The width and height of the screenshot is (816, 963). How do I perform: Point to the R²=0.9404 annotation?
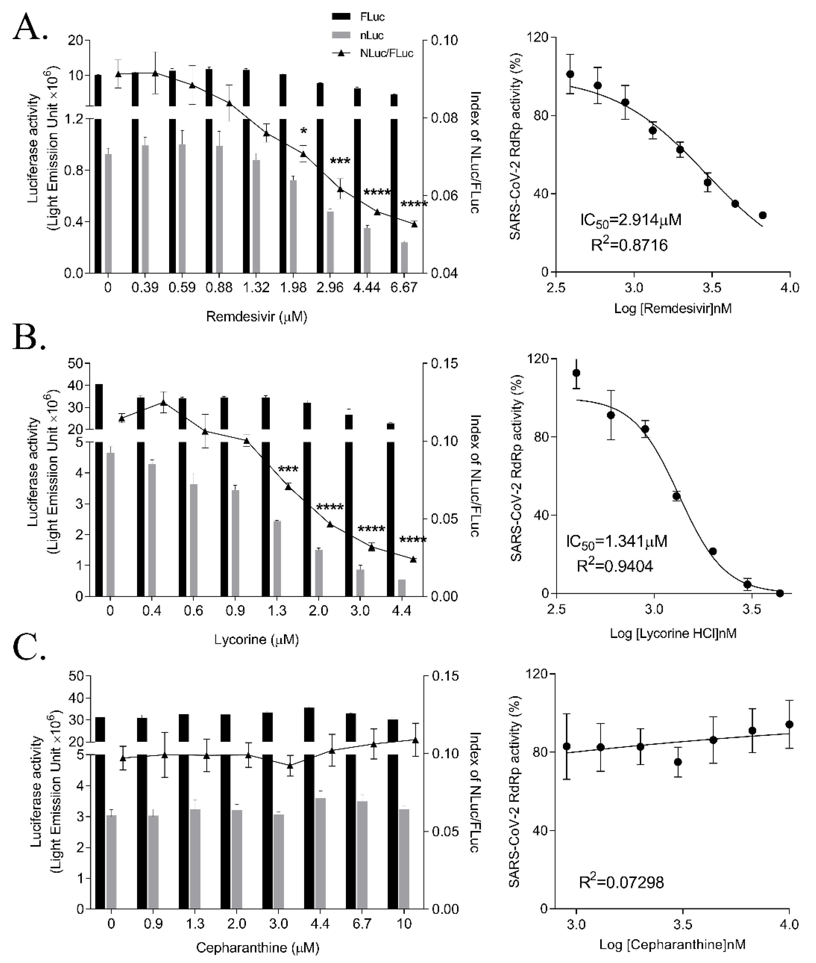pyautogui.click(x=615, y=565)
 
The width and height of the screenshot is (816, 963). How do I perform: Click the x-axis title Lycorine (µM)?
pyautogui.click(x=256, y=640)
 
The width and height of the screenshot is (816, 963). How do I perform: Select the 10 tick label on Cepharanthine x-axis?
pyautogui.click(x=404, y=924)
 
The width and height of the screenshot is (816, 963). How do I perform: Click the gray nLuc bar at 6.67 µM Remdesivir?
pyautogui.click(x=404, y=257)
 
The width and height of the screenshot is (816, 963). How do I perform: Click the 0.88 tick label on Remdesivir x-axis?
pyautogui.click(x=219, y=288)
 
